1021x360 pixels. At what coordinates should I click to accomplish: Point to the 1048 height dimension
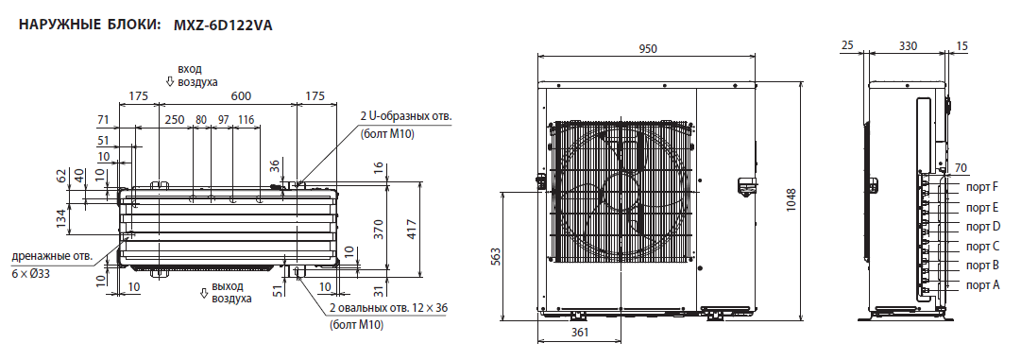click(791, 199)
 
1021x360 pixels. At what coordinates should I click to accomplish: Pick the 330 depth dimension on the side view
click(907, 45)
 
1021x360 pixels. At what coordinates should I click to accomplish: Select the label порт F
click(982, 188)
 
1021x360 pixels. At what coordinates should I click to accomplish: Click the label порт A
click(982, 284)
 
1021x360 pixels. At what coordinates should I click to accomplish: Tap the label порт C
click(982, 246)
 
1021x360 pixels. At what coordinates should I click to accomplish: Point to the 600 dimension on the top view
click(241, 95)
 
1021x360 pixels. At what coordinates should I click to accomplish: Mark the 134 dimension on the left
click(61, 218)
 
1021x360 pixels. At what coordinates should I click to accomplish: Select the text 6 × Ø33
click(32, 271)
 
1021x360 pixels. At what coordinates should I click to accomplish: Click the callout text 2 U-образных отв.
click(406, 117)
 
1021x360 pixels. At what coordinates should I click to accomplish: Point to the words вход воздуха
click(197, 76)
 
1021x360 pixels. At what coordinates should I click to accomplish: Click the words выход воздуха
click(232, 291)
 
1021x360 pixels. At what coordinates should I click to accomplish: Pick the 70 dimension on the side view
click(961, 167)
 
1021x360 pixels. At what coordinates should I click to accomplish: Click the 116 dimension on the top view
click(246, 119)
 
